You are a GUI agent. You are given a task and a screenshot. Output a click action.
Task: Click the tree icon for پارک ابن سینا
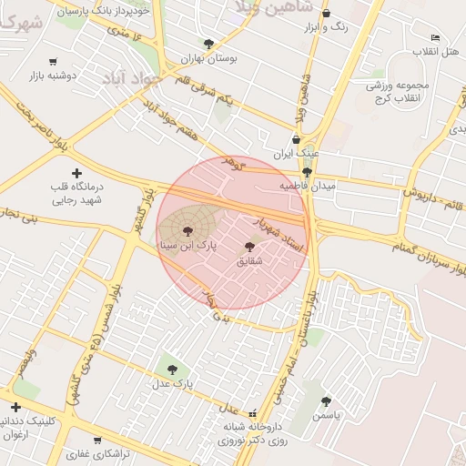click(x=187, y=231)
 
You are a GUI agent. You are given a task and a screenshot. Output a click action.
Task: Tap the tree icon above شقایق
click(x=250, y=247)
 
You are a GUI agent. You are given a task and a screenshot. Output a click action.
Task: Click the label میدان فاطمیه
click(x=307, y=185)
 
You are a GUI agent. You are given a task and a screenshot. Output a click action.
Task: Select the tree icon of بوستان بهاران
click(x=209, y=44)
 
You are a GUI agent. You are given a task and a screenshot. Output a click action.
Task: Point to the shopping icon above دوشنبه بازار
click(x=54, y=62)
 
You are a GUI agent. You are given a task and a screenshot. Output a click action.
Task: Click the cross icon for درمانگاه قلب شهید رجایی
click(x=76, y=173)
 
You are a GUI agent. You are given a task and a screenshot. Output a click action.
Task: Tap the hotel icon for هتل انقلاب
click(x=435, y=37)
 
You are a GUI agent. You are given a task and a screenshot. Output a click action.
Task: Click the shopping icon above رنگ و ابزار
click(x=327, y=14)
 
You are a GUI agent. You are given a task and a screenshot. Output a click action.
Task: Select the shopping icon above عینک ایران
click(x=296, y=140)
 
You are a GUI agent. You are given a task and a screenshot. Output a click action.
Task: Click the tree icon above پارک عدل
click(x=172, y=370)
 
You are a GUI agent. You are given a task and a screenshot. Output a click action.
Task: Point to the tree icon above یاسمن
click(x=326, y=400)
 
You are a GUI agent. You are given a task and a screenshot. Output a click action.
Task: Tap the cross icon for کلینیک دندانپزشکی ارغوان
click(x=15, y=407)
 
